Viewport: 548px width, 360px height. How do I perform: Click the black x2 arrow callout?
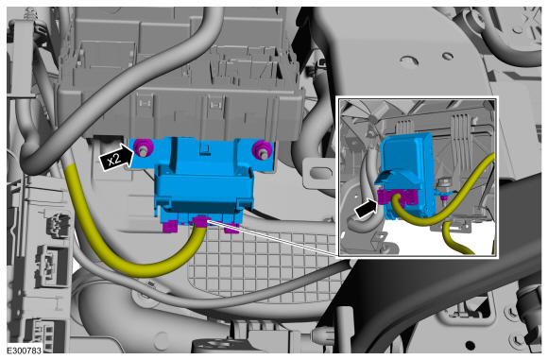pyautogui.click(x=117, y=158)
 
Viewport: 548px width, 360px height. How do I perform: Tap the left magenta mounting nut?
pyautogui.click(x=143, y=147)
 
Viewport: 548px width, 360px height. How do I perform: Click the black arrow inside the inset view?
pyautogui.click(x=367, y=209)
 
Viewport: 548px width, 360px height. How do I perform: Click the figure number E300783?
pyautogui.click(x=25, y=351)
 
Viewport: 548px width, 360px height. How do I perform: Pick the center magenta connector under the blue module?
pyautogui.click(x=200, y=222)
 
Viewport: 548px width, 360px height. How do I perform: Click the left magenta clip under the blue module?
pyautogui.click(x=170, y=227)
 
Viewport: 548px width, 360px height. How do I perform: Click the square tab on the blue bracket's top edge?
pyautogui.click(x=204, y=147)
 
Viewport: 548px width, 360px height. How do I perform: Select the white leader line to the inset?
pyautogui.click(x=273, y=238)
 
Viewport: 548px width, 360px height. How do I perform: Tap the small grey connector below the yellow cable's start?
pyautogui.click(x=58, y=225)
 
